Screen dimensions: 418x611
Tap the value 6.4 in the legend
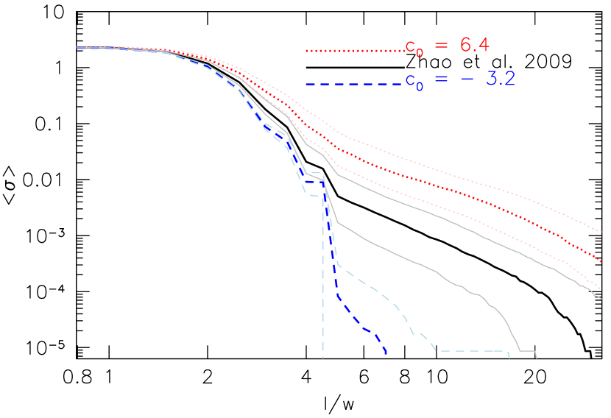(475, 46)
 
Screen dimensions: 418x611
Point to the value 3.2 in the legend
(500, 79)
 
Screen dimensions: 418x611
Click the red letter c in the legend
(410, 47)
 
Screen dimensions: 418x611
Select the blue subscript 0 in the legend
(420, 86)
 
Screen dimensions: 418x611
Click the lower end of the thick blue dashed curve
(386, 353)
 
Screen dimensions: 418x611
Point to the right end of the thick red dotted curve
(601, 261)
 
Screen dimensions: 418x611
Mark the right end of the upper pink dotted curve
(601, 232)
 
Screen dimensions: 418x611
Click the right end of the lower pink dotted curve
(601, 289)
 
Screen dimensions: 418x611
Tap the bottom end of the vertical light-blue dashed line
(323, 358)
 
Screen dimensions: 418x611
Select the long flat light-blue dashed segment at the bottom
(471, 351)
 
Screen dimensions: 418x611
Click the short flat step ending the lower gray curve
(528, 351)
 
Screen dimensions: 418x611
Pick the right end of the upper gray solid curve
(601, 298)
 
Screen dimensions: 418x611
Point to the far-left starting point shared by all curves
(78, 48)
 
